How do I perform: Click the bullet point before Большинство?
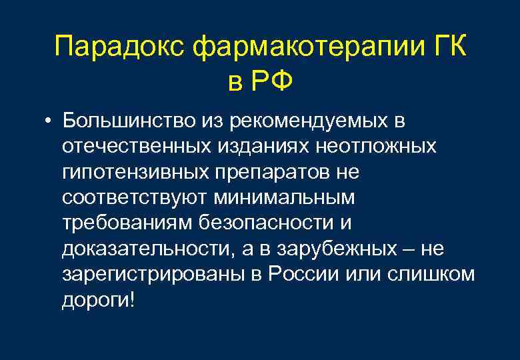(x=49, y=123)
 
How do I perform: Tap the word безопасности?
(x=266, y=223)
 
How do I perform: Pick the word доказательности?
(x=147, y=248)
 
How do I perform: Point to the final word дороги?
(x=98, y=299)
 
